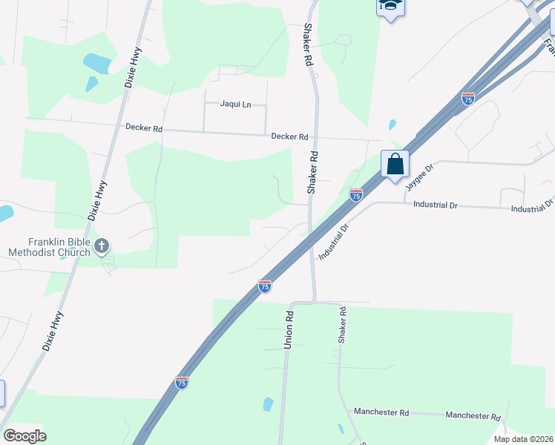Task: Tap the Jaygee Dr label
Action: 418,179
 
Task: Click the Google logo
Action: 24,436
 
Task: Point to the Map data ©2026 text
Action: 523,439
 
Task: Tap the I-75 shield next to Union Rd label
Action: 265,286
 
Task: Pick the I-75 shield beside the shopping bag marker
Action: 356,195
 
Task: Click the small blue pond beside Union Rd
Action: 267,404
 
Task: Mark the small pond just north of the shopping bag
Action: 392,125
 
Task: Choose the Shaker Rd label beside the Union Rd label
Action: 343,324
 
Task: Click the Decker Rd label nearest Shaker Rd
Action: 289,136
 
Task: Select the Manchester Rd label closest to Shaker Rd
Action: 381,412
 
